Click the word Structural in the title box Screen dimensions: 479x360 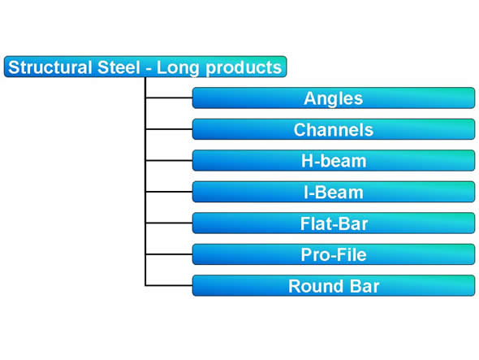tap(50, 67)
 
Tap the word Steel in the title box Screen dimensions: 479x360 tap(119, 67)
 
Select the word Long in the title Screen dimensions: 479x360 tap(178, 68)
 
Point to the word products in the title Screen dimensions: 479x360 tap(244, 68)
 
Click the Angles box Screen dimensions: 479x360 tap(334, 98)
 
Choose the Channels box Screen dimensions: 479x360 tap(334, 129)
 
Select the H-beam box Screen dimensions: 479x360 tap(334, 160)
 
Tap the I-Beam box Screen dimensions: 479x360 tap(334, 192)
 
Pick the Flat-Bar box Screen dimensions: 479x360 tap(334, 223)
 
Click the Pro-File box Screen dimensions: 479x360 tap(334, 254)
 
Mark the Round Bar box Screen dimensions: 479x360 tap(334, 285)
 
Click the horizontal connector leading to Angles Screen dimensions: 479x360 tap(169, 98)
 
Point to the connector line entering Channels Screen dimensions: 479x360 tap(169, 129)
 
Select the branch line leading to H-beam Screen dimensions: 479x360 tap(169, 160)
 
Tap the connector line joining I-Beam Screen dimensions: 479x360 tap(169, 192)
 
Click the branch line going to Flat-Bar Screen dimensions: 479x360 tap(169, 223)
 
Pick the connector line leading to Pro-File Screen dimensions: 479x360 tap(169, 254)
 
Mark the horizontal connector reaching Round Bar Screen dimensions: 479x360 tap(169, 285)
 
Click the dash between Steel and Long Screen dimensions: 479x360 tap(149, 69)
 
